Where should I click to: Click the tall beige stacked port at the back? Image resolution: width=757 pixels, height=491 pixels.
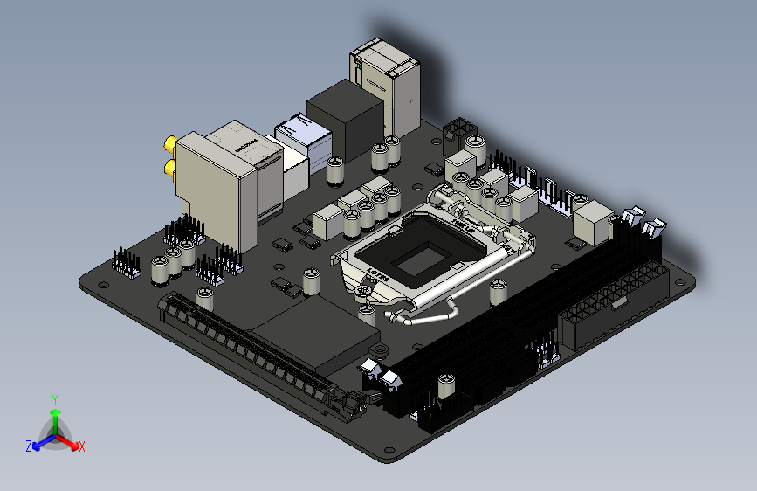pos(384,83)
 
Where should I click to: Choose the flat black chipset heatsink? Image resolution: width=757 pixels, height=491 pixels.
pos(319,328)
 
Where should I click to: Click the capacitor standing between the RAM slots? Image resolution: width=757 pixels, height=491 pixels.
pos(446,386)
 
